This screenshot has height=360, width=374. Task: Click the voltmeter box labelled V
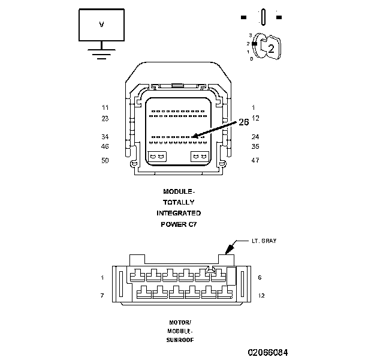click(x=101, y=25)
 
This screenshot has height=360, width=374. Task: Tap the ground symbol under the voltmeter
click(x=101, y=53)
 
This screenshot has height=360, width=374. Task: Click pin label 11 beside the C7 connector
click(x=105, y=107)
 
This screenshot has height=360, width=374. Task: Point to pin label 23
click(x=105, y=118)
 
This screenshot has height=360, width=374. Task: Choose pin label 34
click(x=105, y=137)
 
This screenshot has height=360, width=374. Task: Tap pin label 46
click(x=105, y=146)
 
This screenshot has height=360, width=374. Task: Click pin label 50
click(x=105, y=161)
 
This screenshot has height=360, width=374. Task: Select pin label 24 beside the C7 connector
click(x=255, y=137)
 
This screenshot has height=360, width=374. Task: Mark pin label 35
click(x=255, y=146)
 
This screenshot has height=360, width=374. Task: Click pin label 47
click(x=255, y=161)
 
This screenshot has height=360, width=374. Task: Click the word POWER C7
click(x=179, y=224)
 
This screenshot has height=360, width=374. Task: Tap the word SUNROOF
click(x=179, y=340)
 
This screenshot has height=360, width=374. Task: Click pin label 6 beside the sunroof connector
click(x=258, y=277)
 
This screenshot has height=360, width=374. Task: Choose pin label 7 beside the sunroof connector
click(x=102, y=295)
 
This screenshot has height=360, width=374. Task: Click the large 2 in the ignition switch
click(x=271, y=50)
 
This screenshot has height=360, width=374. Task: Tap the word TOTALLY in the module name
click(x=179, y=203)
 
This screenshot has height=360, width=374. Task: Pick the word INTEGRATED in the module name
click(x=179, y=214)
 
